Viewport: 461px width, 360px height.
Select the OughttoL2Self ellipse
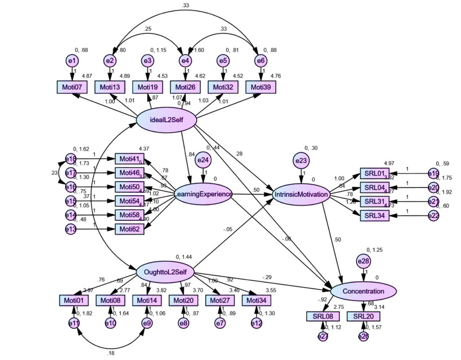click(x=166, y=272)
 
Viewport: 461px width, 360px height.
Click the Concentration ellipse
click(x=364, y=292)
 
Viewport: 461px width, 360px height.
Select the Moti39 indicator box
click(x=261, y=87)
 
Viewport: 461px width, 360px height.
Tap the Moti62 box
click(x=130, y=229)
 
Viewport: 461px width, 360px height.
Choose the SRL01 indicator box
click(x=374, y=173)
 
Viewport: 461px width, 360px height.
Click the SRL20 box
click(x=363, y=317)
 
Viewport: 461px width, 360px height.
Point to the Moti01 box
click(x=73, y=300)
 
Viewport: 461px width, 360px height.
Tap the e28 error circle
click(x=363, y=261)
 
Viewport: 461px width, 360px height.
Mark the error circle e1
click(x=72, y=60)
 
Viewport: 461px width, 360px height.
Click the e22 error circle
click(x=433, y=216)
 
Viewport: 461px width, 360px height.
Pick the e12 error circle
click(x=256, y=323)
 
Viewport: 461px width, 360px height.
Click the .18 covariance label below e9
click(x=111, y=353)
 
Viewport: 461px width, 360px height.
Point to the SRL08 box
click(x=322, y=317)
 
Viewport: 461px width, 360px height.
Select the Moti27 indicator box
click(x=220, y=300)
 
